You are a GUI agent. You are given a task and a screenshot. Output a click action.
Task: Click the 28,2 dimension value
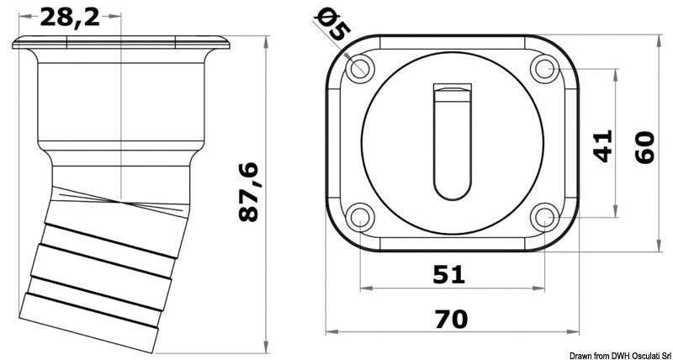(70, 16)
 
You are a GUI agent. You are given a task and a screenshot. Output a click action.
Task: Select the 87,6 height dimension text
(248, 192)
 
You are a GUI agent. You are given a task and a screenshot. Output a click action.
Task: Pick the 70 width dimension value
(451, 319)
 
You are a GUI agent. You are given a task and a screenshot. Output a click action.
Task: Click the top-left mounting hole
(360, 67)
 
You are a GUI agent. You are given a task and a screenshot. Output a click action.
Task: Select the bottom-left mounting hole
(360, 218)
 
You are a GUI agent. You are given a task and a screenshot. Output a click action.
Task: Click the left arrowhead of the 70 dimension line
(330, 331)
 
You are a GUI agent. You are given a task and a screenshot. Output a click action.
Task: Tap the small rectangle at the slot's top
(453, 88)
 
